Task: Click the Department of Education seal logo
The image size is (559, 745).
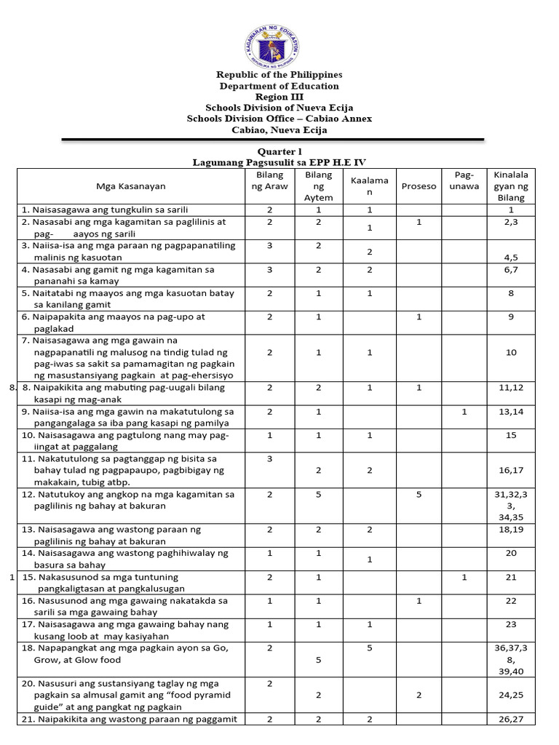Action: (279, 41)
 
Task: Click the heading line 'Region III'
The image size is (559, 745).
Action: (279, 97)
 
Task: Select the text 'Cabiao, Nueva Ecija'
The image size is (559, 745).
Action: (279, 130)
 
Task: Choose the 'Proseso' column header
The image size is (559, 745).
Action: (419, 186)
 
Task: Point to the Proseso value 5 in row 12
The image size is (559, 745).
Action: (419, 495)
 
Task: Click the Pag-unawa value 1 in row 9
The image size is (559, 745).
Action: (464, 412)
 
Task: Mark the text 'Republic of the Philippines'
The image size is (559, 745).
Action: (279, 75)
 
